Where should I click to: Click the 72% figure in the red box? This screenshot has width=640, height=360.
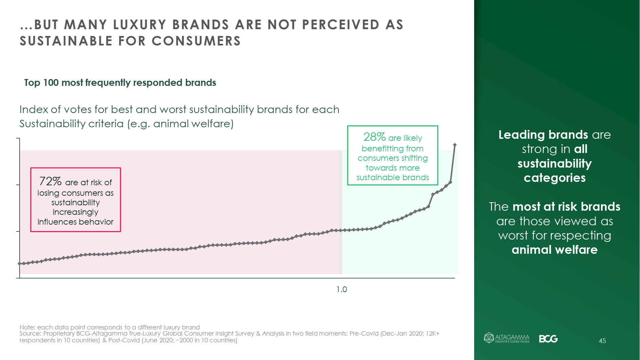pos(50,182)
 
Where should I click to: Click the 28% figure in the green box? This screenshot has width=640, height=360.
pos(374,137)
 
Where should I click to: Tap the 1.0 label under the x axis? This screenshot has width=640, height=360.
pos(342,289)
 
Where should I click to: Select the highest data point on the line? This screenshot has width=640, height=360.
pos(455,145)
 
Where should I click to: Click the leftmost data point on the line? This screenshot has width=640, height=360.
pos(20,264)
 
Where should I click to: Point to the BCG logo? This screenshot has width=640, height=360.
pos(548,339)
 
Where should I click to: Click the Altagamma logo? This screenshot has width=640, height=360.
pos(507,338)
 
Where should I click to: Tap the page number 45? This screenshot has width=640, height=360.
pos(602,341)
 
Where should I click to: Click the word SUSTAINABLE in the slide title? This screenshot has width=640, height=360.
pos(66,41)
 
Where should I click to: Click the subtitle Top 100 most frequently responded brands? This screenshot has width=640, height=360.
pos(120,83)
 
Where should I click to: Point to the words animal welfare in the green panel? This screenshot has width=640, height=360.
pos(555,250)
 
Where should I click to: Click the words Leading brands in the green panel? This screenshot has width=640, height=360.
pos(543,135)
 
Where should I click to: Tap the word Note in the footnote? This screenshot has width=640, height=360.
pos(27,327)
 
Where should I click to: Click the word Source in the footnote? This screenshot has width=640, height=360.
pos(30,334)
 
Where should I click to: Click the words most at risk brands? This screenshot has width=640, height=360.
pos(566,207)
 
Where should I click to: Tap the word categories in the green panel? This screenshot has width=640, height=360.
pos(555,178)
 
